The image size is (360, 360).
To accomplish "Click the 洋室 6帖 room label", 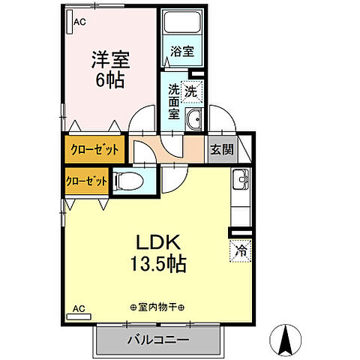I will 111,69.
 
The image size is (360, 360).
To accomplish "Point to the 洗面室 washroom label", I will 174,102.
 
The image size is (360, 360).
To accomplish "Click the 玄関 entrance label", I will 220,148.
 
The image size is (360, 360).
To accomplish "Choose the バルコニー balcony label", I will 158,340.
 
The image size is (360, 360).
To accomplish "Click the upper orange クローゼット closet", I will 94,149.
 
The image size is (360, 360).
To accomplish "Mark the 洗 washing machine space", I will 191,91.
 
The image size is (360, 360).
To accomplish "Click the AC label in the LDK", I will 79,308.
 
